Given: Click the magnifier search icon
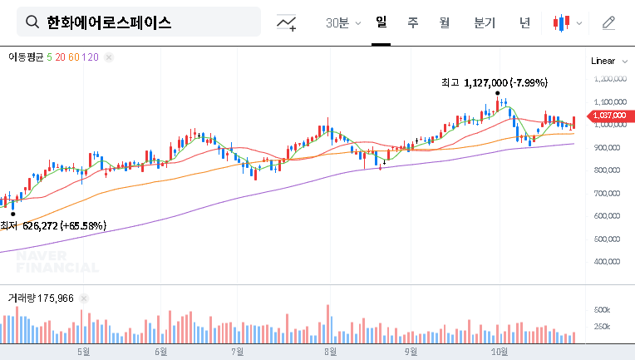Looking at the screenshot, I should click(32, 22).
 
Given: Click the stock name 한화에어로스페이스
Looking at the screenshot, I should click(109, 22).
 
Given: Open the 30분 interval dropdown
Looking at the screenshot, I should click(343, 22).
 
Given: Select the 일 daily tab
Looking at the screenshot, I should click(381, 22).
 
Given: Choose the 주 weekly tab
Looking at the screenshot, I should click(412, 22).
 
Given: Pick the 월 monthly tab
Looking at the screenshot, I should click(444, 22).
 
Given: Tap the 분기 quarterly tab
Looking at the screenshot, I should click(485, 22).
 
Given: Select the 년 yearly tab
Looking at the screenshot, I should click(524, 22).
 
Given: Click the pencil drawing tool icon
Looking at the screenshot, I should click(608, 22).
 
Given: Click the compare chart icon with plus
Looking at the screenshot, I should click(287, 22).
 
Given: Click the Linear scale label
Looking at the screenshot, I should click(603, 61).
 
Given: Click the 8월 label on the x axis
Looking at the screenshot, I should click(331, 351).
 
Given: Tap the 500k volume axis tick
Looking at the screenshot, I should click(603, 309).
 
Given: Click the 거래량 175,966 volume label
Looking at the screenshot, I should click(41, 297).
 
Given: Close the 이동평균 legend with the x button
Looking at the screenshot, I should click(109, 57).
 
